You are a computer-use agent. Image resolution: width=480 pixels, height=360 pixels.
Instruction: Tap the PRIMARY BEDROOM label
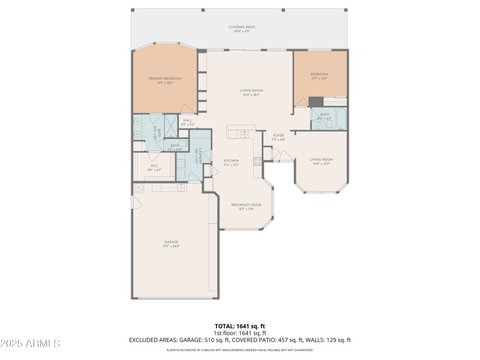tap(165, 79)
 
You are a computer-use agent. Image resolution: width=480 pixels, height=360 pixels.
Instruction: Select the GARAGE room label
tap(172, 242)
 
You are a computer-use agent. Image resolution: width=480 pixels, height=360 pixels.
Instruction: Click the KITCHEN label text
tap(232, 161)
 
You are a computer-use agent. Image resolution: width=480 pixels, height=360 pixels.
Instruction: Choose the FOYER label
tap(278, 136)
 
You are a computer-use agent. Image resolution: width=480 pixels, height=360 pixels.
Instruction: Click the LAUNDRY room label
tap(196, 158)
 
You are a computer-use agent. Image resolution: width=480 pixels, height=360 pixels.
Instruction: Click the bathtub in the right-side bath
tap(340, 119)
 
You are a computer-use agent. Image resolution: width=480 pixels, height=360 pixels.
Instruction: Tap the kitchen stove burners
tap(257, 161)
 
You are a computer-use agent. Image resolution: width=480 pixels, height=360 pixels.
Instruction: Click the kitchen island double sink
tap(245, 134)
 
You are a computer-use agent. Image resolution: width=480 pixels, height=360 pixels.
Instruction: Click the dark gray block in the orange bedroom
tap(316, 102)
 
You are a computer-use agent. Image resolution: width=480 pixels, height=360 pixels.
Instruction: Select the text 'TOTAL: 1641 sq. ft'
tap(239, 326)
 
